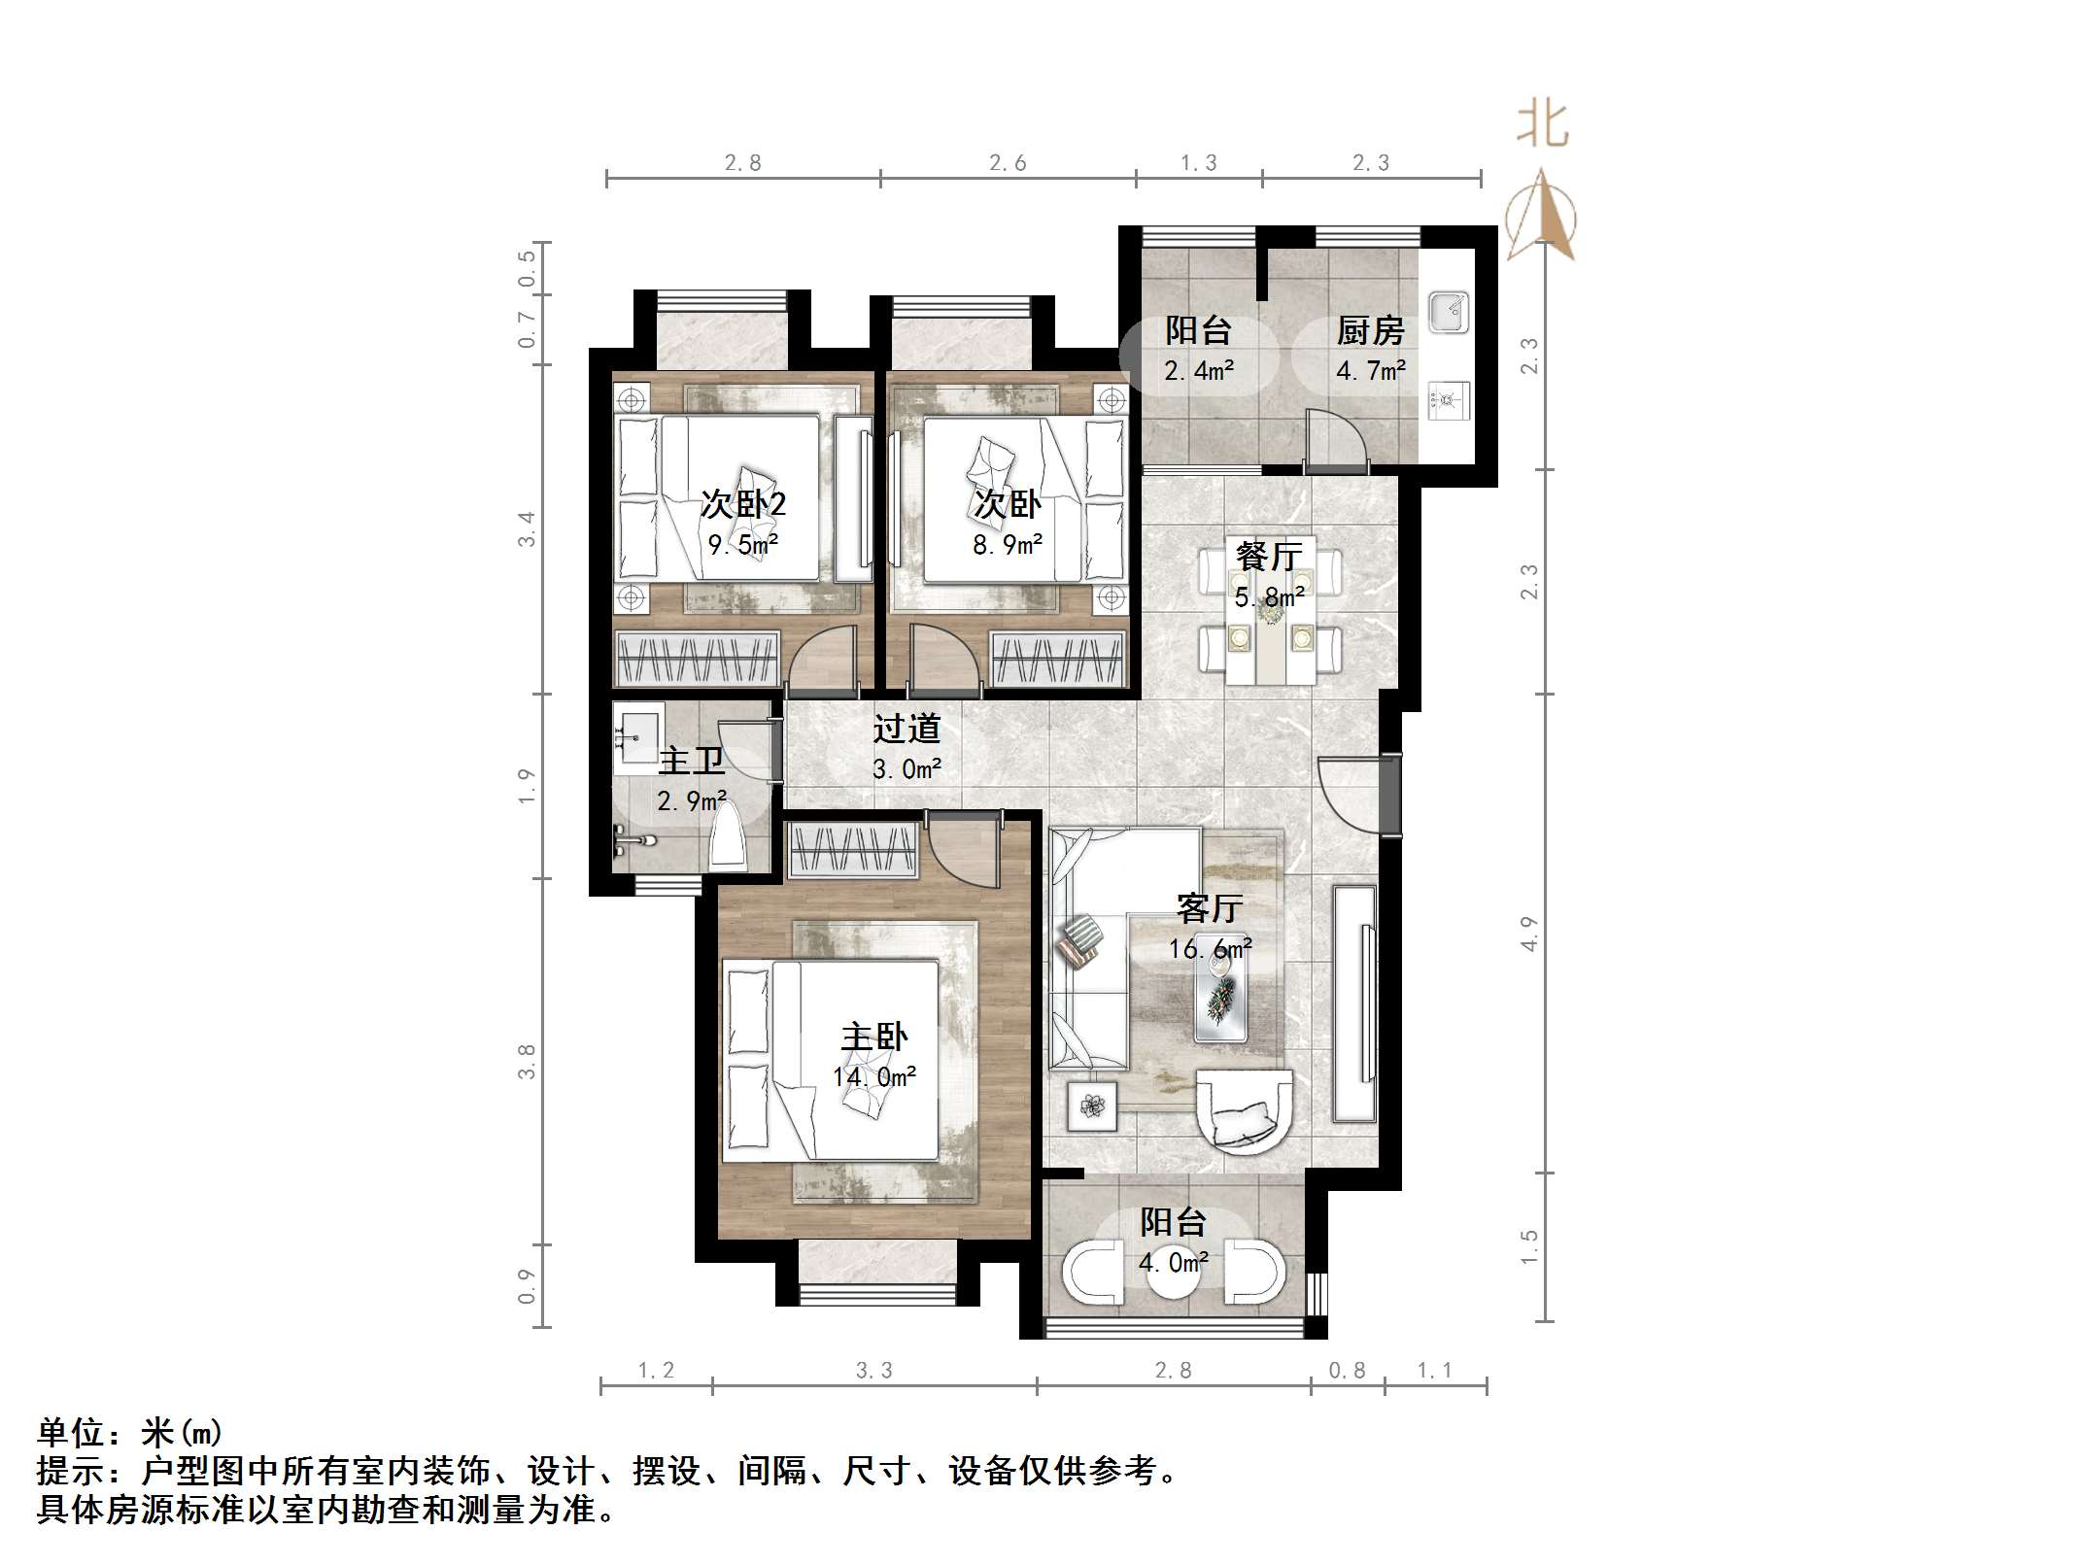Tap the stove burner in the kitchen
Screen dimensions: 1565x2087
pos(1448,399)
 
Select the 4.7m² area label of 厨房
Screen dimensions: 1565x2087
pos(1371,371)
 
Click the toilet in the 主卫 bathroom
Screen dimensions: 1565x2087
pos(729,841)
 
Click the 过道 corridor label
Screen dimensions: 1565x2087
pos(907,729)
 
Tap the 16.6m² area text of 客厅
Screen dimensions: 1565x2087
pos(1210,948)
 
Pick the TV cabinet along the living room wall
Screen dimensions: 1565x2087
pos(1354,1003)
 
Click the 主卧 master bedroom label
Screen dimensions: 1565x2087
pos(874,1037)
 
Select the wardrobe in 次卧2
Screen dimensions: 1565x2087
pos(697,659)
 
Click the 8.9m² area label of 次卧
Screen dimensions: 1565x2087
pos(1008,545)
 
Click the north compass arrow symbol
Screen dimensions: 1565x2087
pos(1541,216)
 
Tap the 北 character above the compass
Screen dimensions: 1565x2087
pos(1543,125)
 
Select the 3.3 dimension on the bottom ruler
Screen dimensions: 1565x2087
pos(873,1371)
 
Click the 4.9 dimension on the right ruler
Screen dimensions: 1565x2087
pos(1529,934)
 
